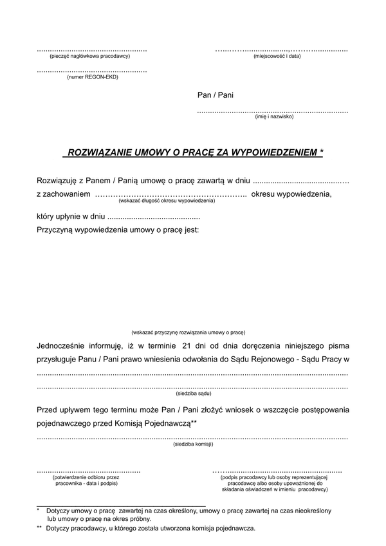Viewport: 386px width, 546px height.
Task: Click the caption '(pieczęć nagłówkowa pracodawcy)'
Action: (x=91, y=57)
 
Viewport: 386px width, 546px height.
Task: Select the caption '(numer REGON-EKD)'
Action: (x=92, y=77)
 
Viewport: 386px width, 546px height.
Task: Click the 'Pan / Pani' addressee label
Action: (x=216, y=95)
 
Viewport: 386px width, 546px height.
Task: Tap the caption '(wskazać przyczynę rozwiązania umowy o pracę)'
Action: (x=188, y=332)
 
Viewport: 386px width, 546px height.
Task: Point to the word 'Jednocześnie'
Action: (x=64, y=347)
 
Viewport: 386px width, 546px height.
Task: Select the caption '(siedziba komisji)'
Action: (x=193, y=444)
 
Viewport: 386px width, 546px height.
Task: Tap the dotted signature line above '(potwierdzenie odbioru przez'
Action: (x=89, y=471)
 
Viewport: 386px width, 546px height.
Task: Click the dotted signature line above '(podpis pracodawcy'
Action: (x=277, y=471)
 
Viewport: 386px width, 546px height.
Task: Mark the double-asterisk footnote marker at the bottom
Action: (x=39, y=528)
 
